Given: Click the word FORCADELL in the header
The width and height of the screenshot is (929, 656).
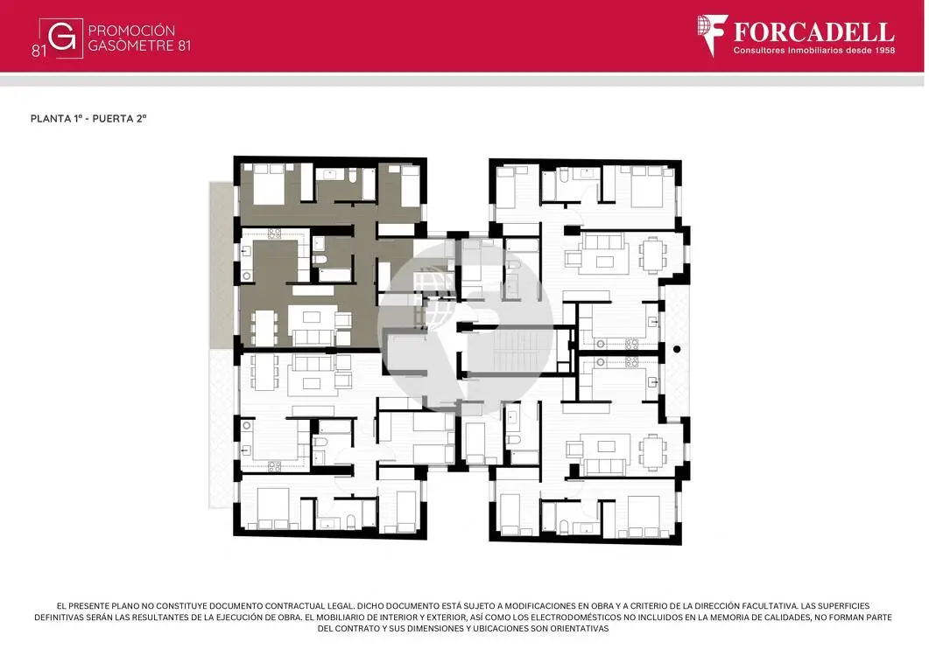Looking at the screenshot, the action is point(814,32).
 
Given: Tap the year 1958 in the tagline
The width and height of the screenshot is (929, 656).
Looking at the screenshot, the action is point(883,51).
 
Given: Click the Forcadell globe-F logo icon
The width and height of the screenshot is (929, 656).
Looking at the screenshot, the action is point(712,35).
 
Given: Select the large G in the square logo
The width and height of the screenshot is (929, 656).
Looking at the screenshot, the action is point(62,38).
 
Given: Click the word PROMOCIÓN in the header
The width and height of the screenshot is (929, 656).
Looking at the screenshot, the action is point(131,31).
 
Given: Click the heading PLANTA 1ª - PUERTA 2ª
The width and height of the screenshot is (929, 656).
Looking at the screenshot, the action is point(88,118).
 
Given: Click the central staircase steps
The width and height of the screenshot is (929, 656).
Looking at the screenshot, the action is point(514,351).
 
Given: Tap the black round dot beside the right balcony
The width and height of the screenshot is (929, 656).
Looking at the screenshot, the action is point(677,349).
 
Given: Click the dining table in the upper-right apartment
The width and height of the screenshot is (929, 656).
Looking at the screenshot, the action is point(652,255).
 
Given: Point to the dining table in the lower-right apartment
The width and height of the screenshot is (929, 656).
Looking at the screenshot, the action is point(652,453).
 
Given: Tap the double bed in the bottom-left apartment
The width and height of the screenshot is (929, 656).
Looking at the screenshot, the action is point(274,508).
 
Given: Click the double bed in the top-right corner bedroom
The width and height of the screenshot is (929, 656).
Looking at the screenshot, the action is point(647,186).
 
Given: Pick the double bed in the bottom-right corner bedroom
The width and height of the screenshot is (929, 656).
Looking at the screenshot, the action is point(644,517).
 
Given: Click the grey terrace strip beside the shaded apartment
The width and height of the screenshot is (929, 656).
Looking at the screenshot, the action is point(223,265).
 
